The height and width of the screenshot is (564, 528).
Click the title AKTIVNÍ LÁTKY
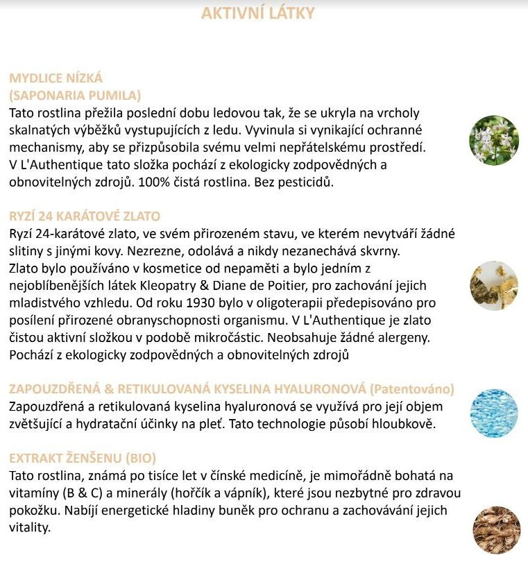tap(258, 13)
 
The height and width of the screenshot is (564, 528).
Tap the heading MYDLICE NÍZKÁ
tap(56, 78)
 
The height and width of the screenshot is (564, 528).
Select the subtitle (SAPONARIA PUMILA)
tap(75, 95)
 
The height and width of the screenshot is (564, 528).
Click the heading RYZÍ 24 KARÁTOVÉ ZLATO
tap(85, 216)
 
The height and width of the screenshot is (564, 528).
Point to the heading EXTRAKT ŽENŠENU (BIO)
tap(83, 458)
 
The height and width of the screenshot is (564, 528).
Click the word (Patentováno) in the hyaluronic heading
tap(412, 388)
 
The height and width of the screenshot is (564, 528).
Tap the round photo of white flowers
tap(493, 140)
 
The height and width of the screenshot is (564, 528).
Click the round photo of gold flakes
tap(493, 285)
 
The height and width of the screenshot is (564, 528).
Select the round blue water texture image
tap(493, 413)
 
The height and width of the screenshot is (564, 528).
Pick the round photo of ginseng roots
tap(493, 529)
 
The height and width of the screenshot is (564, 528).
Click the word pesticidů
tap(304, 182)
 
